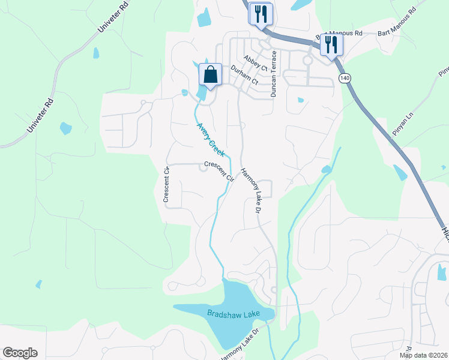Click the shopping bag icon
point(210,76)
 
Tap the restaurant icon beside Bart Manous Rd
point(331,44)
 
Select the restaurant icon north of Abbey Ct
point(261,14)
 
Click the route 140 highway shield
point(344,78)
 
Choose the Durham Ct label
point(244,74)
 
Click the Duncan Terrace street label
point(274,74)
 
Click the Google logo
point(20,353)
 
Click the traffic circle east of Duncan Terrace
point(307,60)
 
